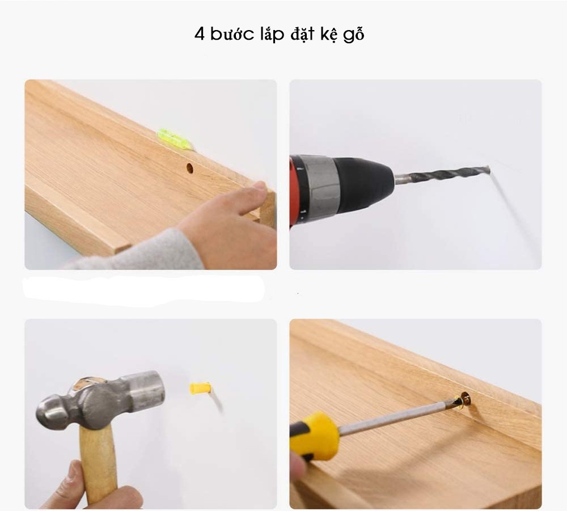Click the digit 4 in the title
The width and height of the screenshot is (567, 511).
coord(199,33)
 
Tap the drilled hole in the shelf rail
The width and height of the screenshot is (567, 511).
coord(189,168)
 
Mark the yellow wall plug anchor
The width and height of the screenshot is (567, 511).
coord(200,389)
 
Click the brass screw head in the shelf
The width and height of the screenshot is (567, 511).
coord(464,401)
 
